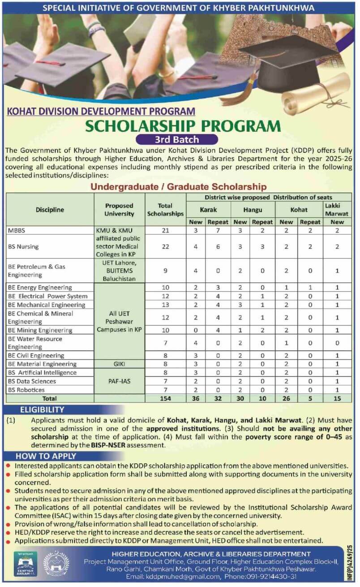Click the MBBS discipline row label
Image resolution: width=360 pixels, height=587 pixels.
(17, 230)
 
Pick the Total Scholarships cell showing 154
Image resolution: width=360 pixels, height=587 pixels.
(165, 398)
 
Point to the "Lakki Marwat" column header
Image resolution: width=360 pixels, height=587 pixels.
(337, 209)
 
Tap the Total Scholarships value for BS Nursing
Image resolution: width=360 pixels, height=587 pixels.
(165, 246)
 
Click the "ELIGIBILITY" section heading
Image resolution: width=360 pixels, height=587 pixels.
(42, 410)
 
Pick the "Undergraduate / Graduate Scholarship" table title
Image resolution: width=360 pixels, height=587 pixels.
(179, 186)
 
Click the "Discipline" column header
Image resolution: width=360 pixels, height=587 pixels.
(50, 210)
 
